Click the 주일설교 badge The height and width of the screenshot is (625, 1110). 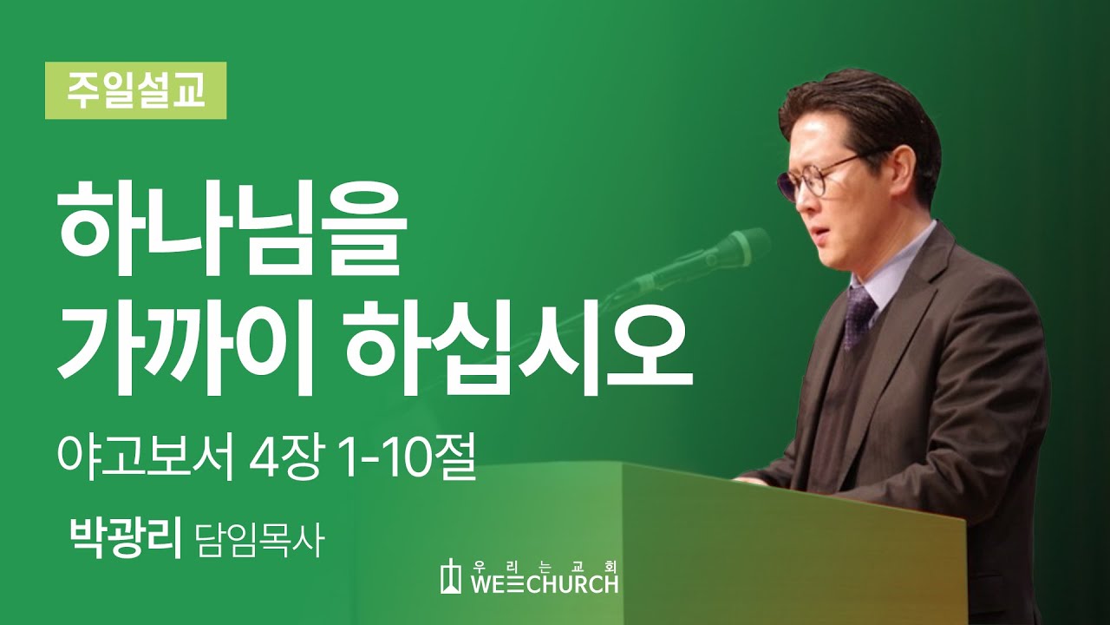tap(135, 90)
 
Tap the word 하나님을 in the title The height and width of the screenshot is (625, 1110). tap(231, 225)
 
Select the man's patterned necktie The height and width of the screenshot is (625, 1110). tap(859, 312)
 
